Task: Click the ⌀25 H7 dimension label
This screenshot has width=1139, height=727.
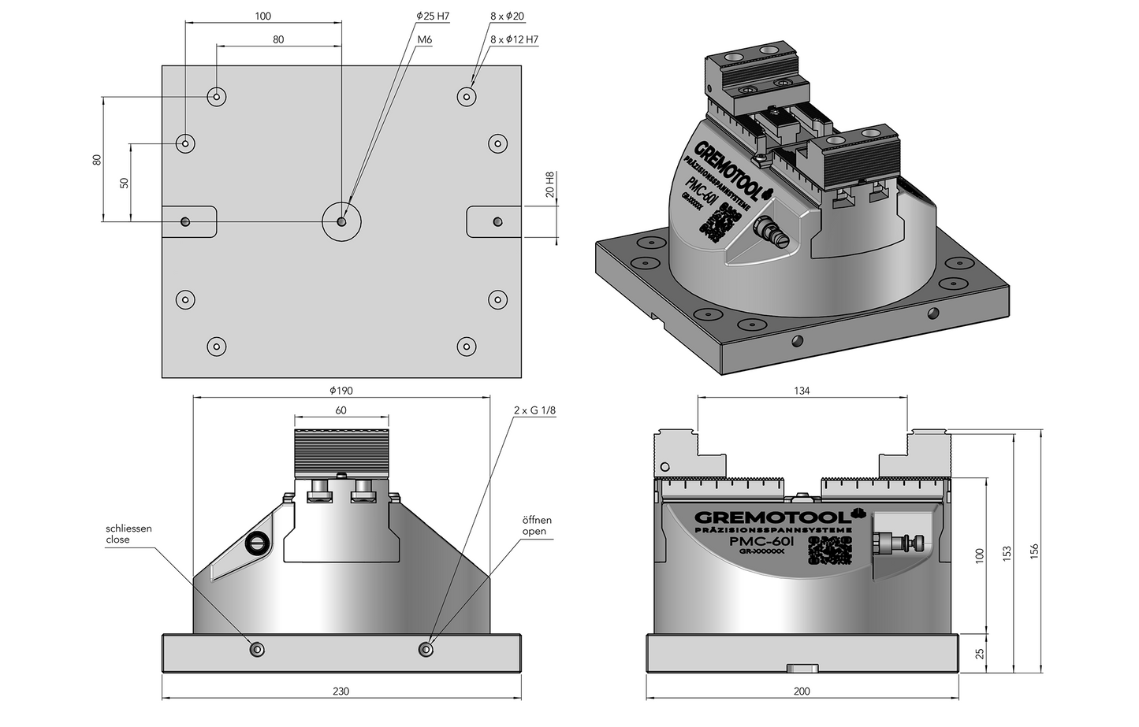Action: coord(433,17)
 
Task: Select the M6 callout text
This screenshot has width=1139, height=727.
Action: coord(425,39)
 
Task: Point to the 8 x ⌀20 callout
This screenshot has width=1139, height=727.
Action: coord(507,17)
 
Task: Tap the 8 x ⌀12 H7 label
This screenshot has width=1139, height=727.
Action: coord(514,39)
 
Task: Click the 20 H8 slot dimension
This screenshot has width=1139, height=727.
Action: coord(550,188)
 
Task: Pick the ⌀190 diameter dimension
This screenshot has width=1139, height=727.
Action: coord(341,390)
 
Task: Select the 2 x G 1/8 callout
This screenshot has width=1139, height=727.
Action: coord(534,411)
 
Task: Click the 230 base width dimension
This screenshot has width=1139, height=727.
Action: coord(341,692)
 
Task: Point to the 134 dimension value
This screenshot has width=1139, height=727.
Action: coord(802,391)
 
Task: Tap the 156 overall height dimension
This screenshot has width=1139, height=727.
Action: coord(1035,550)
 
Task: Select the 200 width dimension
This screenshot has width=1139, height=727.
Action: coord(802,692)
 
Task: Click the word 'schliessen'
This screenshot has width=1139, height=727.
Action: coord(128,529)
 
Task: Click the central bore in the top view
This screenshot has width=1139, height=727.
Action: coord(341,222)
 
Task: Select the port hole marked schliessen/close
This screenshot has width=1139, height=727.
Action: coord(257,649)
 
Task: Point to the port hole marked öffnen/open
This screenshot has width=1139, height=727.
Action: coord(426,649)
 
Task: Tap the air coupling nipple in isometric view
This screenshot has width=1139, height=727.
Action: coord(766,232)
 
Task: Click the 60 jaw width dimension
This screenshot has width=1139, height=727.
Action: coord(341,410)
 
